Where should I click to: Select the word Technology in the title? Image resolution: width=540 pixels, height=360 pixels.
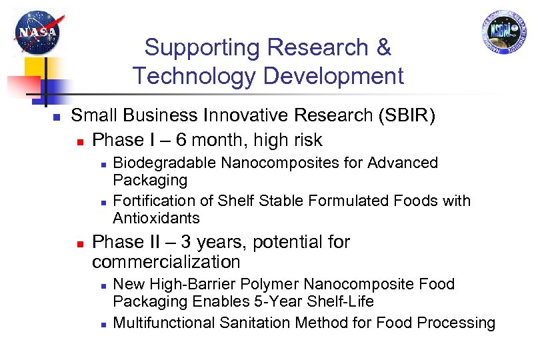[x=193, y=76]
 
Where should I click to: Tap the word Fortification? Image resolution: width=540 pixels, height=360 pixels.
[x=151, y=201]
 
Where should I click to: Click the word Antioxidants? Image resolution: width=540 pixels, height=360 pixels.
[x=156, y=218]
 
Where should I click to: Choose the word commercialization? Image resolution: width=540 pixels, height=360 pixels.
[x=166, y=261]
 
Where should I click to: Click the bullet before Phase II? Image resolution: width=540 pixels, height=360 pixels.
[x=80, y=243]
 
